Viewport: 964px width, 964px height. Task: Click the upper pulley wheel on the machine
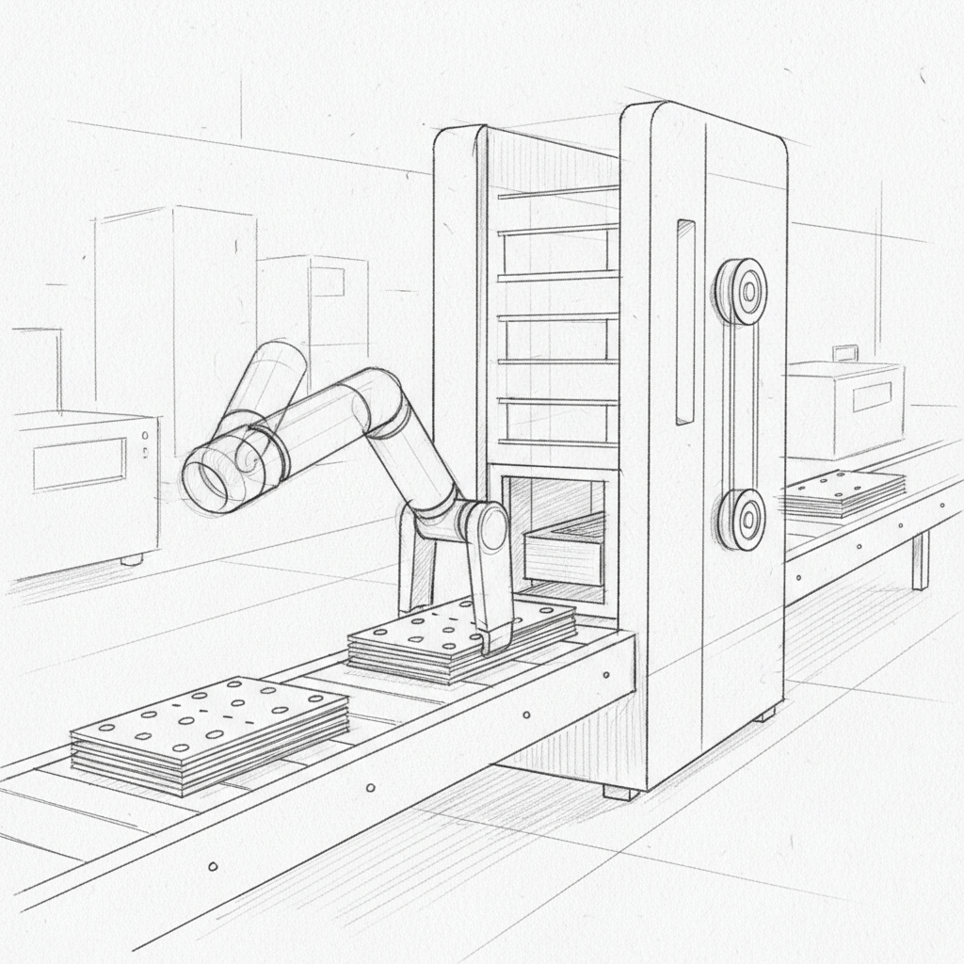(740, 291)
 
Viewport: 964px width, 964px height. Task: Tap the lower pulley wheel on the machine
(740, 519)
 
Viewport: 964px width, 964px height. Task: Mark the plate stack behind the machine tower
(843, 494)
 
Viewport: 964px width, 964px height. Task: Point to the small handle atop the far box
(844, 353)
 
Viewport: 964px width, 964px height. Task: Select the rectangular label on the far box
(871, 396)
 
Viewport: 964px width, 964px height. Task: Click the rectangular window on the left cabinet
(79, 464)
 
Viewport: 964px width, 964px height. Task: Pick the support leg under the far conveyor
(920, 561)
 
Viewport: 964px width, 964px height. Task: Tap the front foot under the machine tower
(620, 791)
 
